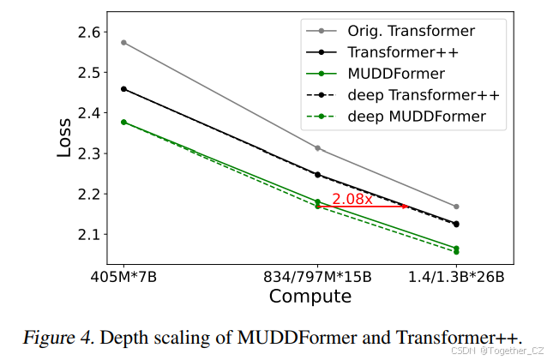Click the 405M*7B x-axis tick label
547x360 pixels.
coord(124,278)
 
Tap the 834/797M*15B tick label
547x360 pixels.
coord(318,278)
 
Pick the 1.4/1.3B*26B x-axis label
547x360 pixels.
coord(455,278)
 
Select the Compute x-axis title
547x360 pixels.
coord(310,297)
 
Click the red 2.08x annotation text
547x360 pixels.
coord(352,199)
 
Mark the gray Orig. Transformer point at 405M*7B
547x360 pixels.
coord(124,42)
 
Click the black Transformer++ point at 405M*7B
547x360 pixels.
coord(124,88)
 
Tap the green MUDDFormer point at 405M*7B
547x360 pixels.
coord(124,122)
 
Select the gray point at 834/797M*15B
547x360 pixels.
coord(318,148)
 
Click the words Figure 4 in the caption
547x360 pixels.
coord(65,337)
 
